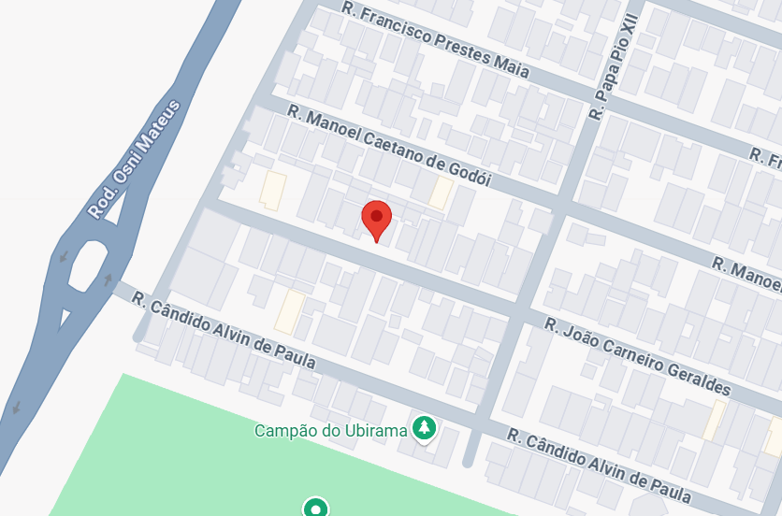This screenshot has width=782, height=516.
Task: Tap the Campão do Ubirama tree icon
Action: pos(426,429)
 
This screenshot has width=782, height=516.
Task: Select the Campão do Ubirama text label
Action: pos(331,431)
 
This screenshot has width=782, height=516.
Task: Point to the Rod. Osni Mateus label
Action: pos(134,161)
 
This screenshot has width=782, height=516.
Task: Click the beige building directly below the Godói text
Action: pos(440,193)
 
